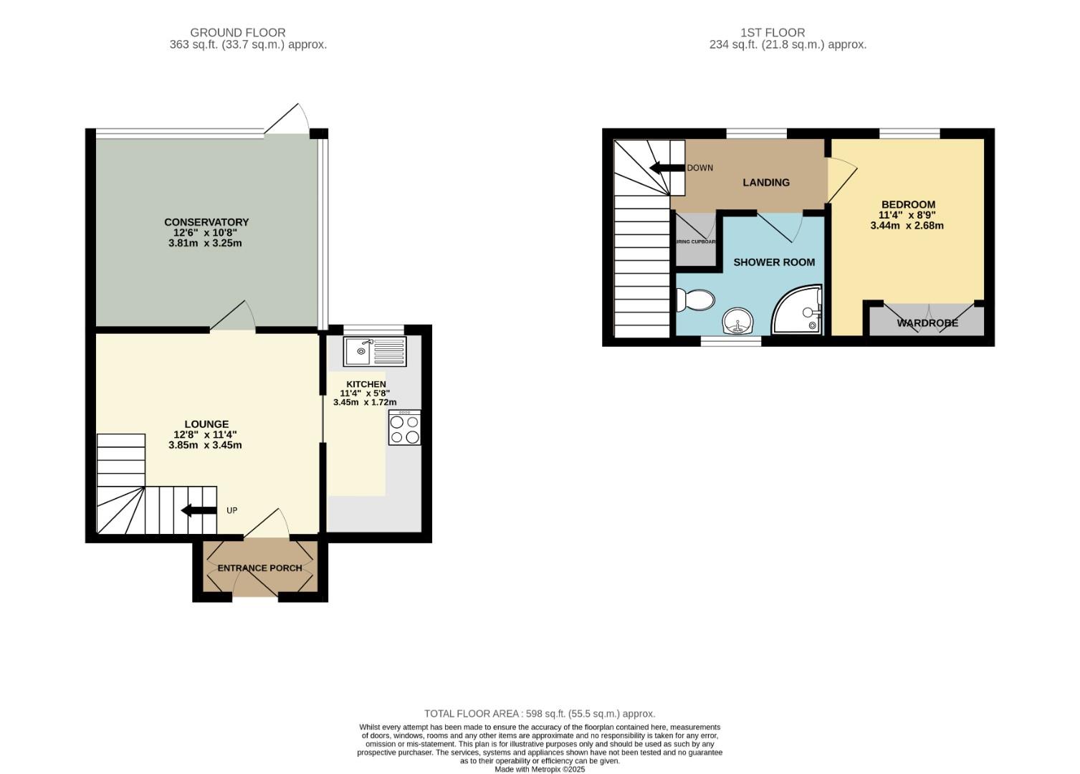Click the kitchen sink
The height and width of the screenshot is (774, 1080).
pyautogui.click(x=375, y=352)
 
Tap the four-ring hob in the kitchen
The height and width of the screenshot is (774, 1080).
pyautogui.click(x=405, y=428)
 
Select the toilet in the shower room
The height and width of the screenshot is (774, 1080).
pyautogui.click(x=695, y=300)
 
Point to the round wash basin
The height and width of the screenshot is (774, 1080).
pyautogui.click(x=737, y=322)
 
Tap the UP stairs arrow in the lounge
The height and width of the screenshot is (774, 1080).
pyautogui.click(x=199, y=510)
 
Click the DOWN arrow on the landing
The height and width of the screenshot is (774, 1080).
pyautogui.click(x=666, y=168)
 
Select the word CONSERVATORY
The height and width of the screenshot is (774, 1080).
pyautogui.click(x=206, y=222)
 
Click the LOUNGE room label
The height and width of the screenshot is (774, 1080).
pyautogui.click(x=206, y=424)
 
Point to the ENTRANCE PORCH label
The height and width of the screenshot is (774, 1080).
pyautogui.click(x=259, y=568)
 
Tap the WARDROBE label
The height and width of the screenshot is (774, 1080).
pyautogui.click(x=927, y=323)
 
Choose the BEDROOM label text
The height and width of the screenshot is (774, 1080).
pyautogui.click(x=908, y=204)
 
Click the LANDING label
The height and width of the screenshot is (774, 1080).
pyautogui.click(x=766, y=183)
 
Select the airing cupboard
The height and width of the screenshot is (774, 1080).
pyautogui.click(x=696, y=239)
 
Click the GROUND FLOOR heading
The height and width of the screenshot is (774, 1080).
pyautogui.click(x=237, y=32)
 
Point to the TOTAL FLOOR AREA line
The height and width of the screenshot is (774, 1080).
pyautogui.click(x=540, y=714)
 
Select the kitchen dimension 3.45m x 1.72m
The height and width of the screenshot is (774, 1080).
pyautogui.click(x=365, y=403)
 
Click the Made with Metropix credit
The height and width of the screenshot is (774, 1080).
pyautogui.click(x=540, y=769)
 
